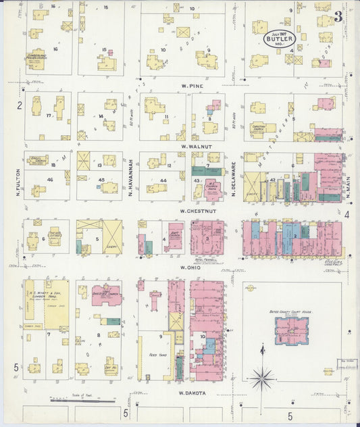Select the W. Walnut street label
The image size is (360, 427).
click(x=192, y=146)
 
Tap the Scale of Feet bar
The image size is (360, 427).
click(x=74, y=401)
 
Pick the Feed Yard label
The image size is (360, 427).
click(x=158, y=354)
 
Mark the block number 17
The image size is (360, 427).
click(x=49, y=116)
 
